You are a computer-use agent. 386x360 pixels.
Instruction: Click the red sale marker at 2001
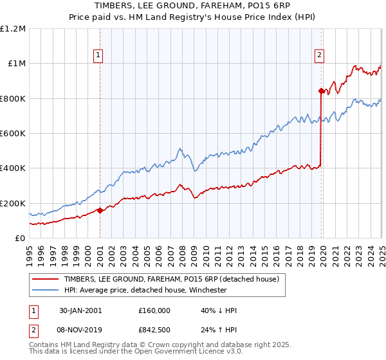point(100,210)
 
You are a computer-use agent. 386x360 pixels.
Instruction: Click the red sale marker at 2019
point(320,91)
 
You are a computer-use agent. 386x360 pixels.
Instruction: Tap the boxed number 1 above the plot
point(98,56)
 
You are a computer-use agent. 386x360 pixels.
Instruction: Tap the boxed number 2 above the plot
point(319,56)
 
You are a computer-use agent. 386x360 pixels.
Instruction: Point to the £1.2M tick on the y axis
point(13,29)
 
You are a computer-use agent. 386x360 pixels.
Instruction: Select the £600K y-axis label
point(13,134)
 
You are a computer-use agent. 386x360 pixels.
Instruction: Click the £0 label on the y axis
point(19,239)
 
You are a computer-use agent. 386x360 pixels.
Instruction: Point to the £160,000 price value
point(154,310)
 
